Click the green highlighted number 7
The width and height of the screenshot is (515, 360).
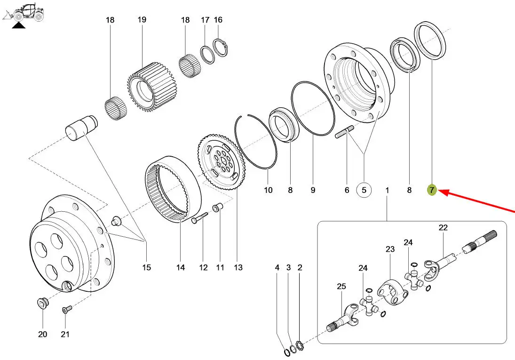[x=431, y=190]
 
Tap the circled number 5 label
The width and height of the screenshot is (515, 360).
[x=364, y=190]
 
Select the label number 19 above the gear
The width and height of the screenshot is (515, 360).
[x=142, y=20]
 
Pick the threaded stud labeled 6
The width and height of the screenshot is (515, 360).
[x=346, y=133]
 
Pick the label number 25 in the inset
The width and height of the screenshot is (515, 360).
[x=341, y=286]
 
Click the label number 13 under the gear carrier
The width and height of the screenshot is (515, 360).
[x=238, y=268]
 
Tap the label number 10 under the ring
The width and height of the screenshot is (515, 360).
[x=268, y=190]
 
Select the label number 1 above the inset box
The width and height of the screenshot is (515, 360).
[x=387, y=190]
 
